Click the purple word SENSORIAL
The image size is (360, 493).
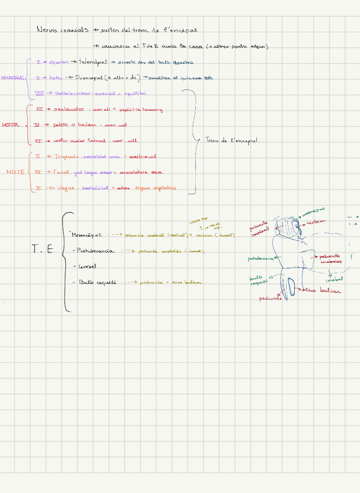point(12,77)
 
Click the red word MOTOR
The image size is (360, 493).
point(10,125)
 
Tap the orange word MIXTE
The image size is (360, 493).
point(15,172)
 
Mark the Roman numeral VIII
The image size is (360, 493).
point(39,92)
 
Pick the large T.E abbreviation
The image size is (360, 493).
point(42,249)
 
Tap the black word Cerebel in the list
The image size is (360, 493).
point(87,266)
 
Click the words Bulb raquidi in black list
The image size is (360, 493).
point(97,282)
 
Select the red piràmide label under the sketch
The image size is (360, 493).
point(270,298)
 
